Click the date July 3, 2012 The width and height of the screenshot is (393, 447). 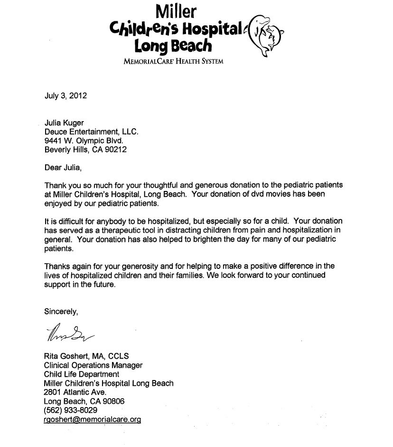click(65, 95)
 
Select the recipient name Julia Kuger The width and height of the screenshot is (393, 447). click(64, 123)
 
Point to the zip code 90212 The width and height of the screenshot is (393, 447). click(116, 149)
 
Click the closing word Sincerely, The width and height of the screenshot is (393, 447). click(61, 312)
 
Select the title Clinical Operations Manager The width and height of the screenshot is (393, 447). click(93, 365)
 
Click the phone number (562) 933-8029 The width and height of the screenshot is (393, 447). click(70, 410)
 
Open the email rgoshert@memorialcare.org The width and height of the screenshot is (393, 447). click(93, 419)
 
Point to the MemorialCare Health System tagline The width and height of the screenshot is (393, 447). click(173, 61)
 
